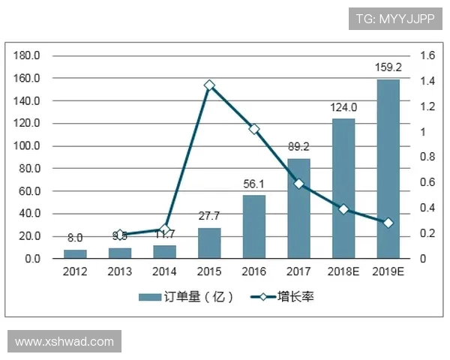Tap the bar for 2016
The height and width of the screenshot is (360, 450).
[253, 226]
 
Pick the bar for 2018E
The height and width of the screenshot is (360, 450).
[343, 188]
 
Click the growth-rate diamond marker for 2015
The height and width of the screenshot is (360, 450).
[209, 85]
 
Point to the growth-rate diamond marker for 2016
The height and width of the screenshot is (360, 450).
[253, 129]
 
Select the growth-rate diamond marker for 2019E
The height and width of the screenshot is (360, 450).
[388, 223]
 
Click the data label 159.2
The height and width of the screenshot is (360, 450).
[388, 67]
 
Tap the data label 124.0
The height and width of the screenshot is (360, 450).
[343, 107]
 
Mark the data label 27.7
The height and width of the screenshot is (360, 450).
[209, 216]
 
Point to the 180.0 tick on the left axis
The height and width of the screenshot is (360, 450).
[28, 55]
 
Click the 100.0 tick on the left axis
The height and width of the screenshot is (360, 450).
[28, 145]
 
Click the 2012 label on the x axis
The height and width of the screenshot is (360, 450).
[75, 271]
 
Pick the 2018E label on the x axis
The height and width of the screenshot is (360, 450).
[343, 271]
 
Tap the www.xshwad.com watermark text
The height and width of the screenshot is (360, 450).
[64, 342]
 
